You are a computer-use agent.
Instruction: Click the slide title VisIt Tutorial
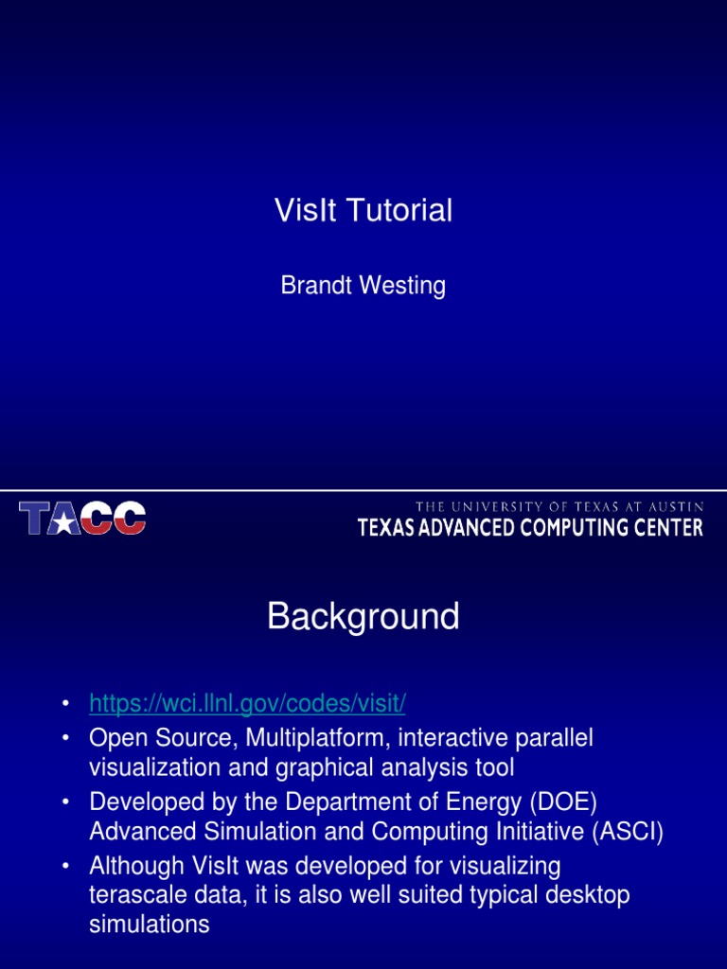click(363, 211)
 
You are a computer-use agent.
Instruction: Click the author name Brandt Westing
click(363, 286)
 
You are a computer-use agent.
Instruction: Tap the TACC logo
click(82, 519)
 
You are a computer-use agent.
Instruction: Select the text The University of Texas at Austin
click(559, 507)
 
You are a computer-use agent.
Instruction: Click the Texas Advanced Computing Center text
click(530, 528)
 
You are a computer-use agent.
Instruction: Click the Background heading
click(363, 617)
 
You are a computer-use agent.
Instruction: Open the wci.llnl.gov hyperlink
click(247, 704)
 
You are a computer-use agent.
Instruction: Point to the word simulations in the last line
click(150, 925)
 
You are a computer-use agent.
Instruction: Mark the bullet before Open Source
click(65, 738)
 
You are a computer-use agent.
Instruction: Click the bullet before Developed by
click(65, 802)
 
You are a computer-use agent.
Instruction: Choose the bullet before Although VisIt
click(65, 867)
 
